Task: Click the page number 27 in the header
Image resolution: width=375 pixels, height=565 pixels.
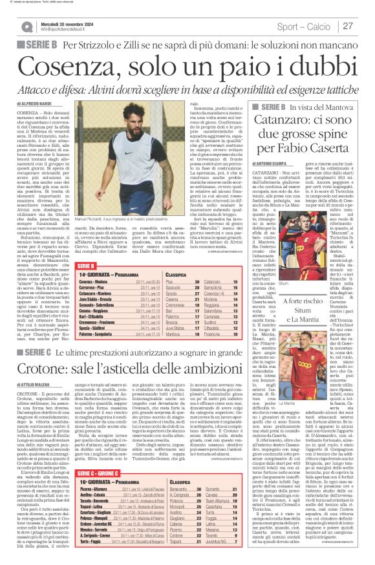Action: point(347,26)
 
